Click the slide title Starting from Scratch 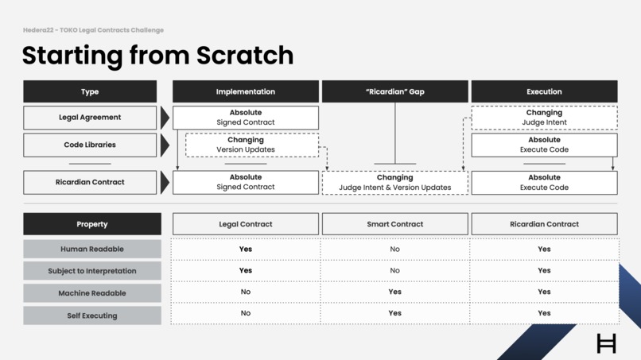click(x=157, y=55)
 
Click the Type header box click(x=90, y=91)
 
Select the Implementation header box click(x=245, y=91)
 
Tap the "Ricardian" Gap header click(x=394, y=91)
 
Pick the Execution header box click(x=544, y=91)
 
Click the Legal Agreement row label click(x=90, y=118)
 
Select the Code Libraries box click(x=90, y=145)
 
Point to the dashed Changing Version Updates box click(x=251, y=145)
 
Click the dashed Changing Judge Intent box click(x=544, y=118)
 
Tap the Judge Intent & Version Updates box click(x=394, y=183)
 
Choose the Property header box click(x=92, y=224)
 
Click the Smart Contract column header click(x=394, y=224)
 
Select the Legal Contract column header click(x=245, y=224)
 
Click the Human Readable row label click(x=92, y=249)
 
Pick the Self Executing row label click(x=92, y=315)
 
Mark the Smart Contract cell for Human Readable click(x=394, y=249)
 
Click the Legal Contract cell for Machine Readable click(x=245, y=292)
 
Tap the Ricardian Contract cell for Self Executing click(x=544, y=313)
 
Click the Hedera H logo click(x=606, y=343)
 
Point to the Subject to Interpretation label click(x=92, y=271)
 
